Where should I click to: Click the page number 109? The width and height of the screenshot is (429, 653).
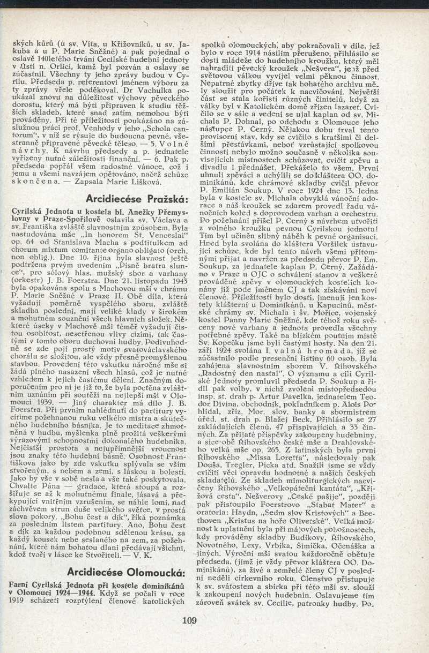point(189,621)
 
